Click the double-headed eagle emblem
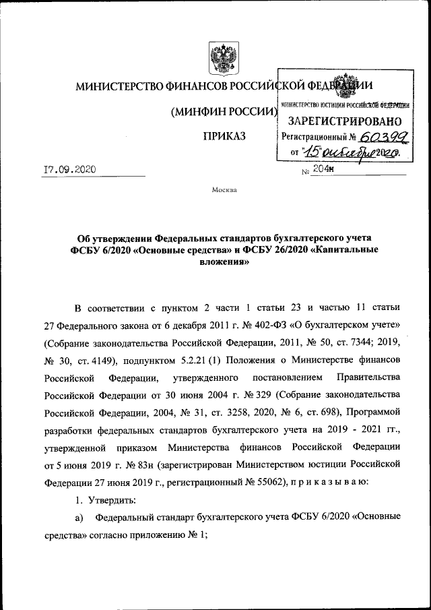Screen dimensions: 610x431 (x=220, y=59)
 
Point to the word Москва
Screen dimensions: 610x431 (x=224, y=190)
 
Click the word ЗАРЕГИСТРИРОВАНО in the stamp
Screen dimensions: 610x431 (x=345, y=121)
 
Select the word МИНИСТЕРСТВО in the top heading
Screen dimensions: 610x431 (x=117, y=86)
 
